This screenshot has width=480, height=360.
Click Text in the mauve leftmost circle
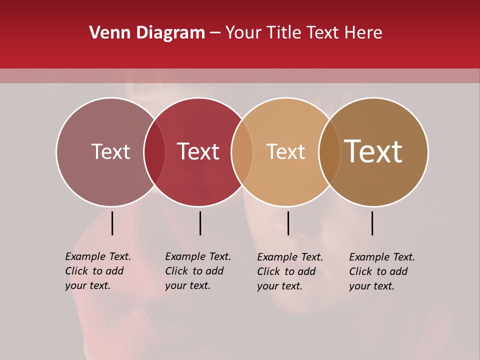tap(110, 151)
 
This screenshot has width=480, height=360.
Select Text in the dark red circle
tap(198, 151)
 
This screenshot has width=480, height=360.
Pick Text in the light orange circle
tap(285, 151)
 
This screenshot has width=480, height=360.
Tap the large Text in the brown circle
tap(373, 151)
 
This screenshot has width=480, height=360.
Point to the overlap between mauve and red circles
tap(154, 152)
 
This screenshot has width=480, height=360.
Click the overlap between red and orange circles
tap(242, 152)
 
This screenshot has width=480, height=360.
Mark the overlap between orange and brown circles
tap(329, 152)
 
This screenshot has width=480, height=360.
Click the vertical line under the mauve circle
tap(112, 223)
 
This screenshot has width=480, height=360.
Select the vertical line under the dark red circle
tap(200, 223)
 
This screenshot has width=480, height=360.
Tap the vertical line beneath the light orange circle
tap(288, 223)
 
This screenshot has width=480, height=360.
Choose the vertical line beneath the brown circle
tap(372, 223)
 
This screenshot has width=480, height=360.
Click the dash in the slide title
tap(215, 33)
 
